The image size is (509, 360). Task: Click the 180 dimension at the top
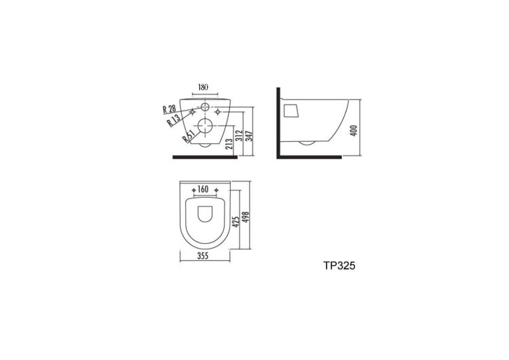[203, 87]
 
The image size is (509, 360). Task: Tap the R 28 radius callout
[169, 109]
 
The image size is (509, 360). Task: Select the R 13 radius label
[174, 121]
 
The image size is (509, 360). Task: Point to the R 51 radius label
[188, 137]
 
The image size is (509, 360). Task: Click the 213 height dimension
[229, 144]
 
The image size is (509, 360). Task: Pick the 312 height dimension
[239, 135]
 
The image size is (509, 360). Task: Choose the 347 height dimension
[249, 135]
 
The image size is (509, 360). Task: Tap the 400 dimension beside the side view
[354, 130]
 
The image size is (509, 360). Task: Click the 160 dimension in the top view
[203, 189]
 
